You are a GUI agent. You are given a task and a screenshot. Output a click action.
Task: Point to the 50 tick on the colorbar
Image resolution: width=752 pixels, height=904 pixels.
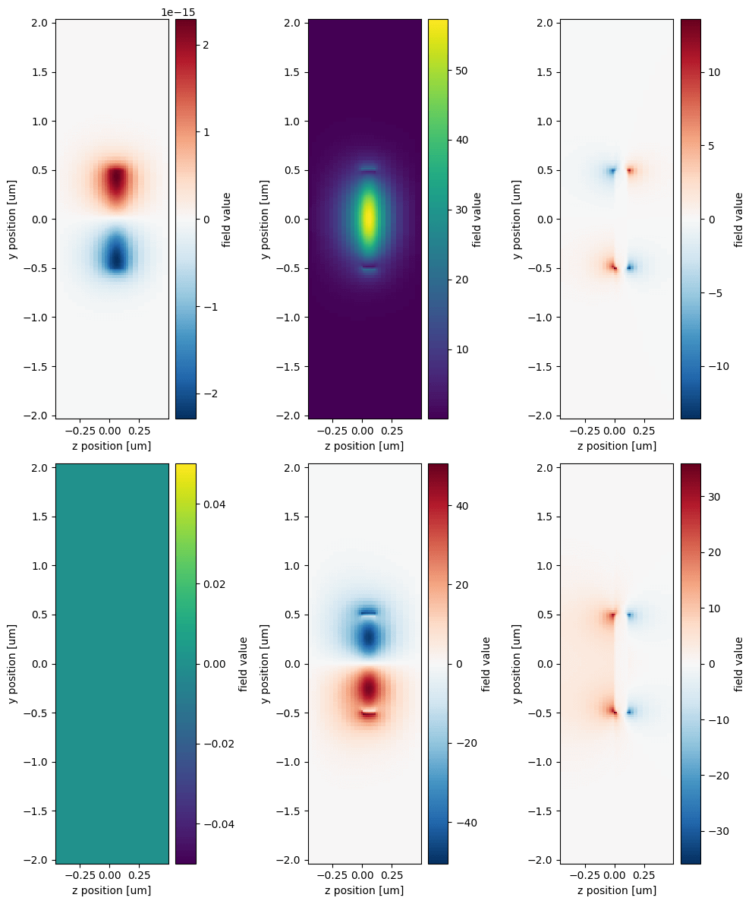(x=461, y=71)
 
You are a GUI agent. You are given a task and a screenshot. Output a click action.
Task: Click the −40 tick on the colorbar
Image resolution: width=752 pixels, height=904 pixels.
(x=464, y=822)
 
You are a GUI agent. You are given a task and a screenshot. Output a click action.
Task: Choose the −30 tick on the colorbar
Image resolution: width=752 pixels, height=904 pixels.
(x=717, y=830)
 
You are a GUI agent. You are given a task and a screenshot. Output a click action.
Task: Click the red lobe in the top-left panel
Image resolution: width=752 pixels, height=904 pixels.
(x=115, y=182)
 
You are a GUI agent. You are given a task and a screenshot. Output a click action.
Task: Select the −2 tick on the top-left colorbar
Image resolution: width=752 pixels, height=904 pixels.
(x=208, y=394)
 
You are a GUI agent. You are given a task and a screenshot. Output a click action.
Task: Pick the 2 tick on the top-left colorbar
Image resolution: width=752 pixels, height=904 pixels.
(x=205, y=45)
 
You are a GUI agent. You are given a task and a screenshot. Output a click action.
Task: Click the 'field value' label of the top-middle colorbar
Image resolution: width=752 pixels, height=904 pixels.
(x=477, y=220)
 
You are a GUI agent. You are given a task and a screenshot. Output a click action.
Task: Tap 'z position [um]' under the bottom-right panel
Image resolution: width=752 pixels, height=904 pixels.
(x=617, y=890)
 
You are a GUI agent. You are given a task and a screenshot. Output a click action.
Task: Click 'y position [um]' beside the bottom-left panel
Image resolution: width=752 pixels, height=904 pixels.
(x=14, y=663)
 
